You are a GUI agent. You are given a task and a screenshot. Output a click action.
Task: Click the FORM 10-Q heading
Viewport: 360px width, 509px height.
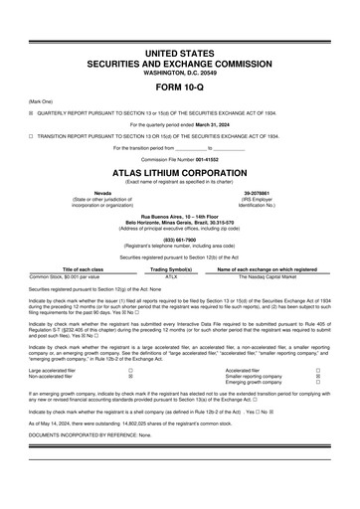point(179,91)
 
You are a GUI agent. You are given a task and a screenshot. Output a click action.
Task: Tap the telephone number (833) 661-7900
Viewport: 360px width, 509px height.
point(179,239)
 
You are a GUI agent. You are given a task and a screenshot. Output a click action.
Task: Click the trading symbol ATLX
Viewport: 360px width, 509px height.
point(171,276)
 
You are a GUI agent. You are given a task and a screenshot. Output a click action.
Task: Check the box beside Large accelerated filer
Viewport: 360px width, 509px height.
point(130,371)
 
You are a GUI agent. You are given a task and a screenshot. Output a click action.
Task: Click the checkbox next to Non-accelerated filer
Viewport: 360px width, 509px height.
point(130,378)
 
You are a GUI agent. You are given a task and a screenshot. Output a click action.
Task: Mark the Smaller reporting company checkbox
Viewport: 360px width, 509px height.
point(317,378)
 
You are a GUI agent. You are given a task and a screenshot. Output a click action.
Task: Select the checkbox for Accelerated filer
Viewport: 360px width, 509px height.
point(317,371)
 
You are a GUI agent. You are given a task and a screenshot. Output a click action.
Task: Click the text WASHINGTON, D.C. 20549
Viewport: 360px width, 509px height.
point(179,73)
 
